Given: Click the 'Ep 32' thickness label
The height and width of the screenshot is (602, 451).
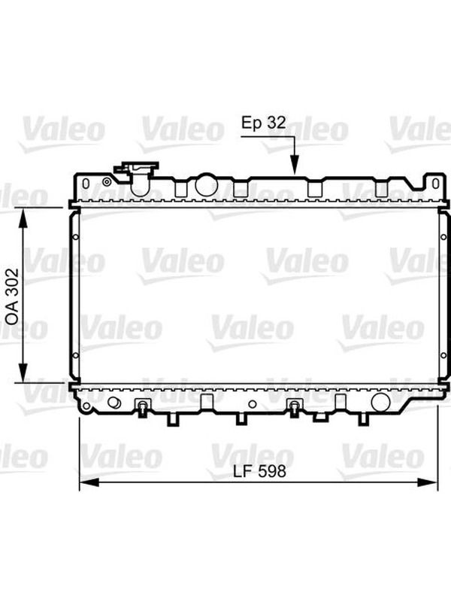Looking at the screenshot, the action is [x=264, y=123].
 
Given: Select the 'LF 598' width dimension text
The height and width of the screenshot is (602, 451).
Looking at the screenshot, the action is [x=259, y=471].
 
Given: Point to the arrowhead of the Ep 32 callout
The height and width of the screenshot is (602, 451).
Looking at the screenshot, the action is [x=294, y=166].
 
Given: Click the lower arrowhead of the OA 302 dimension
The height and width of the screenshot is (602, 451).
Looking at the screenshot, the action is [x=23, y=372].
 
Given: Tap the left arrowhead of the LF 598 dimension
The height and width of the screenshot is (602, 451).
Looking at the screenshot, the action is [x=89, y=482].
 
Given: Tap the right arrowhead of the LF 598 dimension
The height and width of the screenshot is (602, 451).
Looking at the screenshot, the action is [x=427, y=482].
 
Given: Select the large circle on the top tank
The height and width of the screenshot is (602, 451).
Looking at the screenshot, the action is [x=206, y=184].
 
